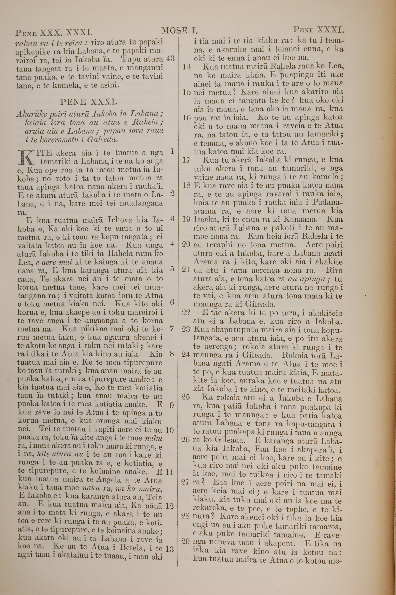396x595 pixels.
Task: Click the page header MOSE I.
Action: click(x=179, y=31)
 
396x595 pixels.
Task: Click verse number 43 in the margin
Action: click(x=170, y=59)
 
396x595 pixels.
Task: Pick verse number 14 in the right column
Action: click(x=186, y=67)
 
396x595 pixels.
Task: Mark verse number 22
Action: click(x=186, y=313)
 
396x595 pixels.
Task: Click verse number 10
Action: click(x=170, y=430)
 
